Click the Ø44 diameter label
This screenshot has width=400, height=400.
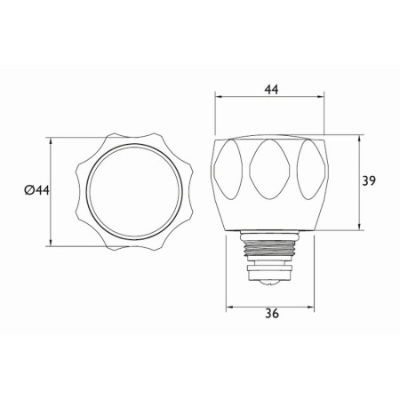pos(36,190)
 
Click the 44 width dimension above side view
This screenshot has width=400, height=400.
pos(272,89)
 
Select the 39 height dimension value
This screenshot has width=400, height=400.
pos(369,180)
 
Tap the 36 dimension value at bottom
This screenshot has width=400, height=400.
pos(272,313)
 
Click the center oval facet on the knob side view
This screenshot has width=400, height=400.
pos(269,169)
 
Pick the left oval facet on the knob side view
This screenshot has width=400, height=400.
pos(228,169)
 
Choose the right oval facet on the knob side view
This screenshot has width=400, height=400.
pos(311,169)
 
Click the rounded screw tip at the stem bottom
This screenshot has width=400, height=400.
pos(269,283)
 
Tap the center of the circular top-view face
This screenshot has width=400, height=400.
pos(134,191)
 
